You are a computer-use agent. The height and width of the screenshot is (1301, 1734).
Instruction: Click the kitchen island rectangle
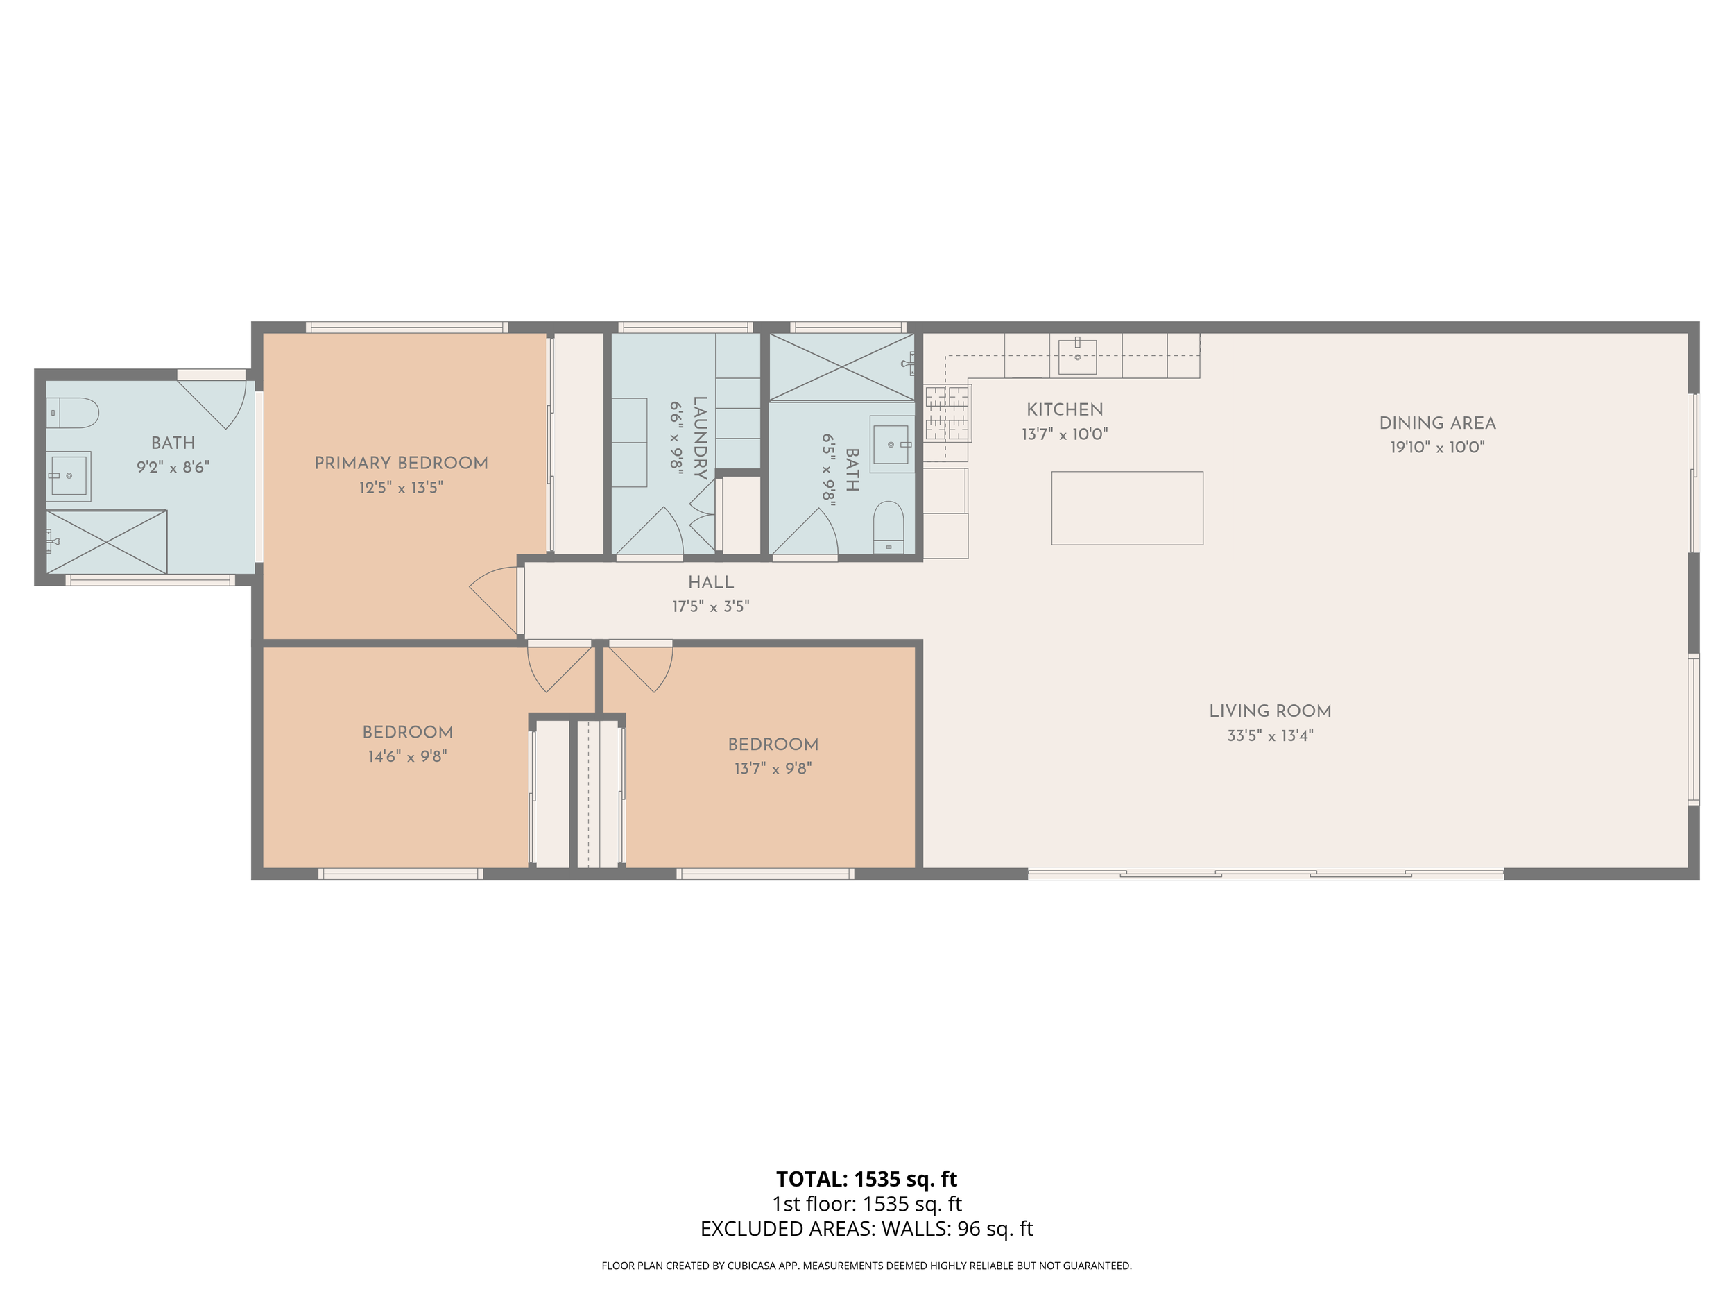pyautogui.click(x=1126, y=507)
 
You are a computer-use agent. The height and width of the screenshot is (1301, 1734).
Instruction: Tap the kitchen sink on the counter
pyautogui.click(x=1077, y=356)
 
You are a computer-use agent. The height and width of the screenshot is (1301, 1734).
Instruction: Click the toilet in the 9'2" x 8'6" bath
pyautogui.click(x=72, y=412)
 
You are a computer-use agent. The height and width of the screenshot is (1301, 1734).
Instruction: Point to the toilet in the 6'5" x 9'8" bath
pyautogui.click(x=889, y=527)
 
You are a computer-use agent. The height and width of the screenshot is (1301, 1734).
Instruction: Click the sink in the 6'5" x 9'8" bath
pyautogui.click(x=891, y=445)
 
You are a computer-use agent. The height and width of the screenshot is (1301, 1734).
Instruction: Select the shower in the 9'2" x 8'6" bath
pyautogui.click(x=107, y=541)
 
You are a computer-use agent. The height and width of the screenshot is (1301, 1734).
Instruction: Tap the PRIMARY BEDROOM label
pyautogui.click(x=401, y=463)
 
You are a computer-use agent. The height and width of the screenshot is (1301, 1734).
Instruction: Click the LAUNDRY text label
pyautogui.click(x=700, y=438)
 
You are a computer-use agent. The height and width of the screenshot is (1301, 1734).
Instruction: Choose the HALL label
pyautogui.click(x=710, y=582)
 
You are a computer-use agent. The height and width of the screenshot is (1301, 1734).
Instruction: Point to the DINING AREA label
pyautogui.click(x=1437, y=423)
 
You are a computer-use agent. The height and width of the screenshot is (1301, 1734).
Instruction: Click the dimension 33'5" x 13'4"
pyautogui.click(x=1270, y=735)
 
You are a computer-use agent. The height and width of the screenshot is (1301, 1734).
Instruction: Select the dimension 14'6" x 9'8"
pyautogui.click(x=407, y=757)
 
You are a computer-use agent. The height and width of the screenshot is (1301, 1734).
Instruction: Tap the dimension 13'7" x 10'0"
pyautogui.click(x=1064, y=434)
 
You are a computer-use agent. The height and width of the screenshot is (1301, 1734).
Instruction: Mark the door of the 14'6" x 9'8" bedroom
pyautogui.click(x=558, y=667)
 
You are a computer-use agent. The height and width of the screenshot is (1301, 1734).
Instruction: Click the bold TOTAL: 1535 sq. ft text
pyautogui.click(x=866, y=1179)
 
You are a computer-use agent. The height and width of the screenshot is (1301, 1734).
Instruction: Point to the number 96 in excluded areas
pyautogui.click(x=969, y=1229)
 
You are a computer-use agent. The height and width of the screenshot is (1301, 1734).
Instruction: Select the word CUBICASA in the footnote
pyautogui.click(x=753, y=1265)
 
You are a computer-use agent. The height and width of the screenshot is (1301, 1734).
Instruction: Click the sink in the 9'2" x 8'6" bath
pyautogui.click(x=69, y=475)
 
